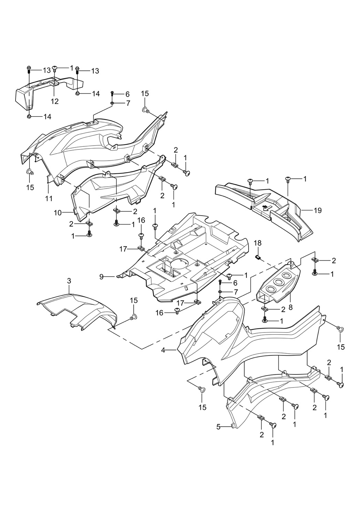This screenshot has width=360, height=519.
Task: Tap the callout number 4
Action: point(163,350)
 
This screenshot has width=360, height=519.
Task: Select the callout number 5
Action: point(218,427)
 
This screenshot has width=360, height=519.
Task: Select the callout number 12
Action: point(55,101)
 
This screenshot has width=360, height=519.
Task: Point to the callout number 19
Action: point(318,210)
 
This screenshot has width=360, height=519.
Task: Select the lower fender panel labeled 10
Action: point(111,194)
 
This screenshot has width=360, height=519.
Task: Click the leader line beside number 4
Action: point(171,350)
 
